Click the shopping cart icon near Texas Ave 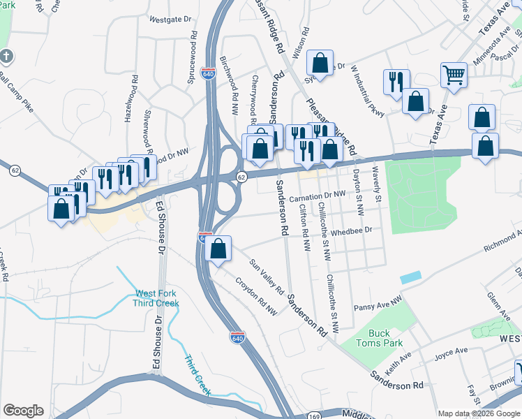454,75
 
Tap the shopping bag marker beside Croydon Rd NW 218,249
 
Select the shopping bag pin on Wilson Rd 320,64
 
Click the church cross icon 6,55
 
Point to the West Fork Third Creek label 157,298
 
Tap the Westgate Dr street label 170,20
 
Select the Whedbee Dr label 352,230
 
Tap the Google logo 23,411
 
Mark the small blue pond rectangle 411,277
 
